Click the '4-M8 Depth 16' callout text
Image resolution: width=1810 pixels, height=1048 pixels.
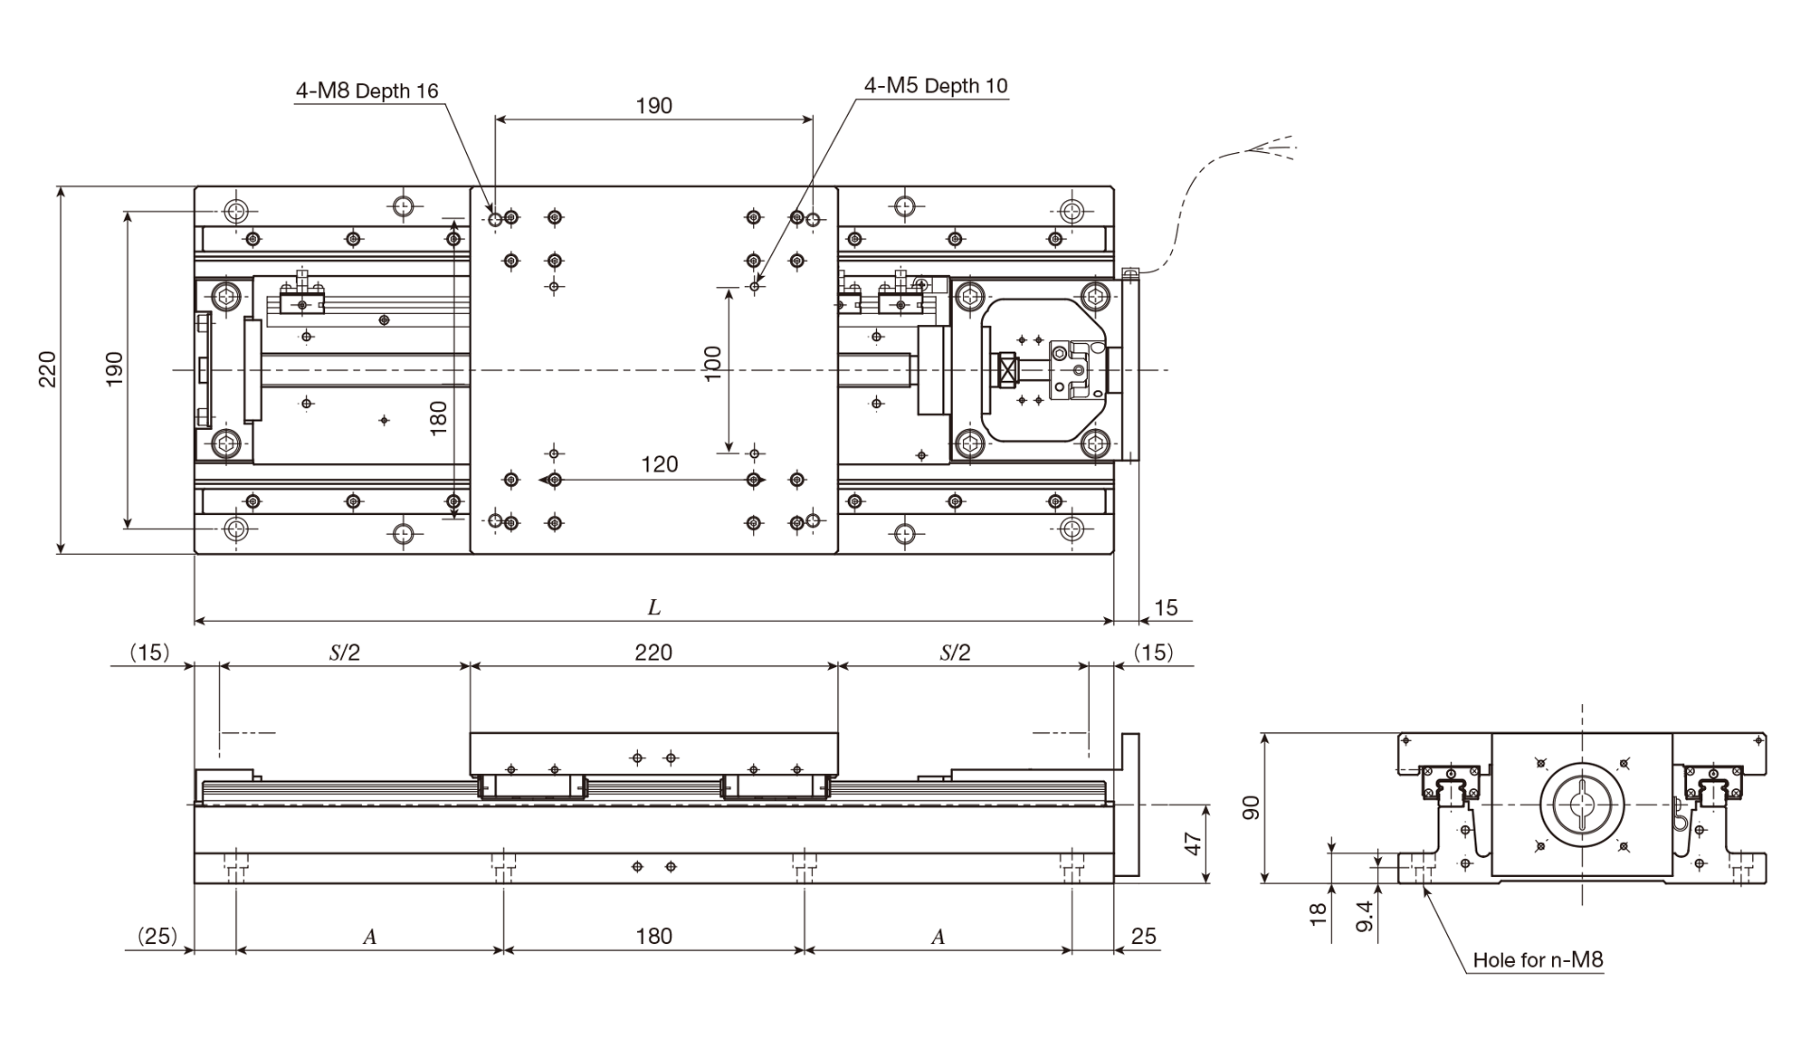[367, 91]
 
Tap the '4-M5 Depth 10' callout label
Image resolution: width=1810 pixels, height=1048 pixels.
[936, 86]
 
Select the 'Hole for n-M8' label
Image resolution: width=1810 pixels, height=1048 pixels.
[1538, 959]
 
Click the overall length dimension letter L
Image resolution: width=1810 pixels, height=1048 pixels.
[653, 607]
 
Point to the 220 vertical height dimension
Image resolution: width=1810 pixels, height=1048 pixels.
[47, 369]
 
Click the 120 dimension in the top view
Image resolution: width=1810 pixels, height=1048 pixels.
[659, 464]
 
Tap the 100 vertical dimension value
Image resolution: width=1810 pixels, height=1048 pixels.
[713, 364]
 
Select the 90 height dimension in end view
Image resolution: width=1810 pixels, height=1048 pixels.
[1251, 807]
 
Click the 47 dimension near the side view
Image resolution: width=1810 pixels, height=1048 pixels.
[1193, 843]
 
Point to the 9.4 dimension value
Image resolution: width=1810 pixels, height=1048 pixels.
[1365, 916]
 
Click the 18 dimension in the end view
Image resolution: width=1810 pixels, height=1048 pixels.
[1318, 914]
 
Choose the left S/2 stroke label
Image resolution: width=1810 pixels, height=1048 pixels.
[345, 653]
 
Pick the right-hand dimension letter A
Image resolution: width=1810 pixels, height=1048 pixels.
[938, 937]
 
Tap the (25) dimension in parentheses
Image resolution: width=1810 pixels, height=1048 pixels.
[157, 936]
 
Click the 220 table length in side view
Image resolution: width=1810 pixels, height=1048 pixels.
[653, 653]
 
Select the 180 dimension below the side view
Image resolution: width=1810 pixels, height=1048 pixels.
[653, 936]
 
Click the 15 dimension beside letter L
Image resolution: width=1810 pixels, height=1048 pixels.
[1166, 608]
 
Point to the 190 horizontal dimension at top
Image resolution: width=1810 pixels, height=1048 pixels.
[653, 106]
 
